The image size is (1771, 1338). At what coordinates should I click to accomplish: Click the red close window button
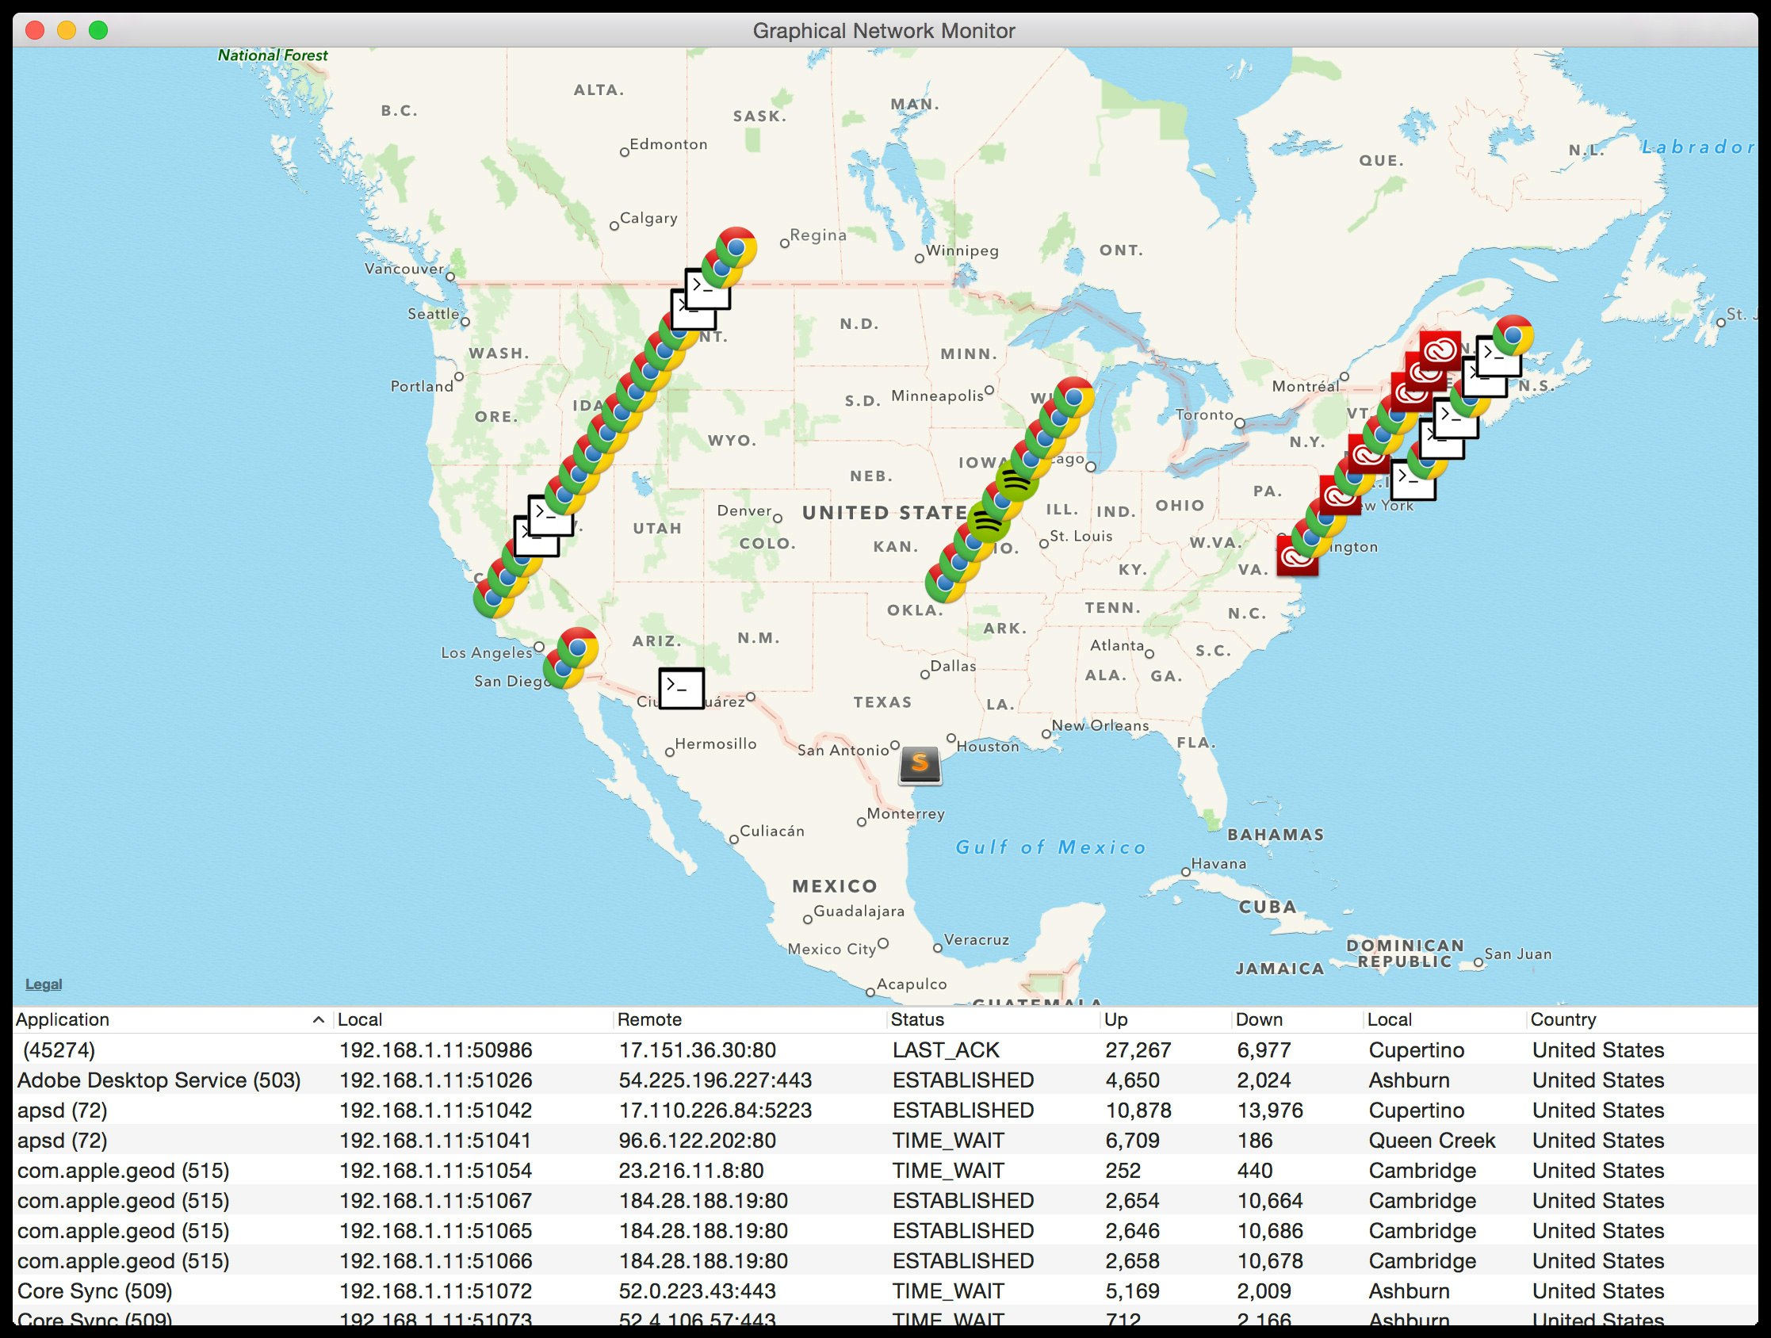[x=34, y=30]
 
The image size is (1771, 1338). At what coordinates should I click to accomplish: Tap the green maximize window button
[x=98, y=30]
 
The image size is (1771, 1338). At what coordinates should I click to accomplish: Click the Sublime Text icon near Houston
[x=919, y=765]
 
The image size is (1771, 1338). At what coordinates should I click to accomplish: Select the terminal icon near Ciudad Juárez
[x=681, y=688]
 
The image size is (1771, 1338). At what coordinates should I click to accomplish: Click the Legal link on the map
[x=44, y=984]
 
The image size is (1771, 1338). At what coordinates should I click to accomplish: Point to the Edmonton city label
[x=667, y=144]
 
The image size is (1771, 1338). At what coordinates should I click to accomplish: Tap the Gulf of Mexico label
[x=1051, y=847]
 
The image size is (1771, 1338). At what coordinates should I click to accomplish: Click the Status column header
[x=917, y=1019]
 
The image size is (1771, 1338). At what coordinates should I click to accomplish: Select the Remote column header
[x=649, y=1019]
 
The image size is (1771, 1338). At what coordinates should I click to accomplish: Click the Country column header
[x=1563, y=1019]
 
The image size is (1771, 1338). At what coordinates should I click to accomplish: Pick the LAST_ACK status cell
[x=946, y=1049]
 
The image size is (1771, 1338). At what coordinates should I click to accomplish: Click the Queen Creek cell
[x=1432, y=1140]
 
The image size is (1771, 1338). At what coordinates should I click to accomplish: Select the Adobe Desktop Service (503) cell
[x=159, y=1080]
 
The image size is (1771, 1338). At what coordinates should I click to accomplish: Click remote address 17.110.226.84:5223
[x=715, y=1111]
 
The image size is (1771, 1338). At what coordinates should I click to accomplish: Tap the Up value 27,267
[x=1138, y=1049]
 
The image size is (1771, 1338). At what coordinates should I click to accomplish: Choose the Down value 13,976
[x=1270, y=1111]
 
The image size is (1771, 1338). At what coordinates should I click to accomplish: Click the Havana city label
[x=1218, y=863]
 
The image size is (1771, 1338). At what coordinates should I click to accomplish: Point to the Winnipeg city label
[x=962, y=250]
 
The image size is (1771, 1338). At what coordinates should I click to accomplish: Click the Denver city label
[x=744, y=510]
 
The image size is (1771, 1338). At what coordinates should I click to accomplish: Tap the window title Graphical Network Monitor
[x=884, y=30]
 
